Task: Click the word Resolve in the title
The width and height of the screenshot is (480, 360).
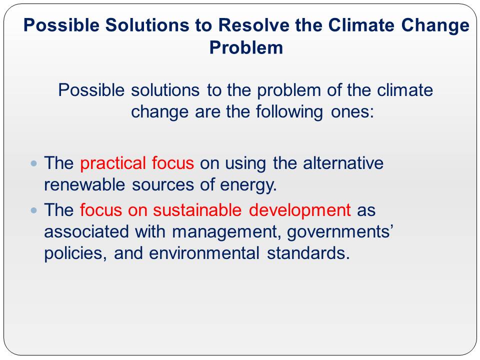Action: [253, 25]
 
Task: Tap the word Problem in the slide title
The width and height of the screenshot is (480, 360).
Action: [246, 48]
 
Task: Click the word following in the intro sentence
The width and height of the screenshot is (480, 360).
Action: [289, 112]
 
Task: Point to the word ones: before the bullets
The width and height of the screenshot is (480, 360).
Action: [352, 112]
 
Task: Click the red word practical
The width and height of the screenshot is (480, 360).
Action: [112, 163]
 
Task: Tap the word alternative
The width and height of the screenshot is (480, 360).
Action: [343, 163]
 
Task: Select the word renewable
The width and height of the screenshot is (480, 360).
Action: [84, 184]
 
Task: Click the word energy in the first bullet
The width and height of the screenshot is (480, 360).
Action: [248, 185]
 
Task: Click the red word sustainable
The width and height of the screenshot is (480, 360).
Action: [197, 210]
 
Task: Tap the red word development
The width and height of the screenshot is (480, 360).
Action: [299, 210]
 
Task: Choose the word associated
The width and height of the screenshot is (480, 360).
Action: [86, 231]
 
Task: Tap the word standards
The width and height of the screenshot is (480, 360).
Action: [308, 253]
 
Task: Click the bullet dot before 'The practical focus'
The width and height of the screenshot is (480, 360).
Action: [34, 163]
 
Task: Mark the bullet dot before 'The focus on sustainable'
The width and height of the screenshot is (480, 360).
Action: [34, 210]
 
